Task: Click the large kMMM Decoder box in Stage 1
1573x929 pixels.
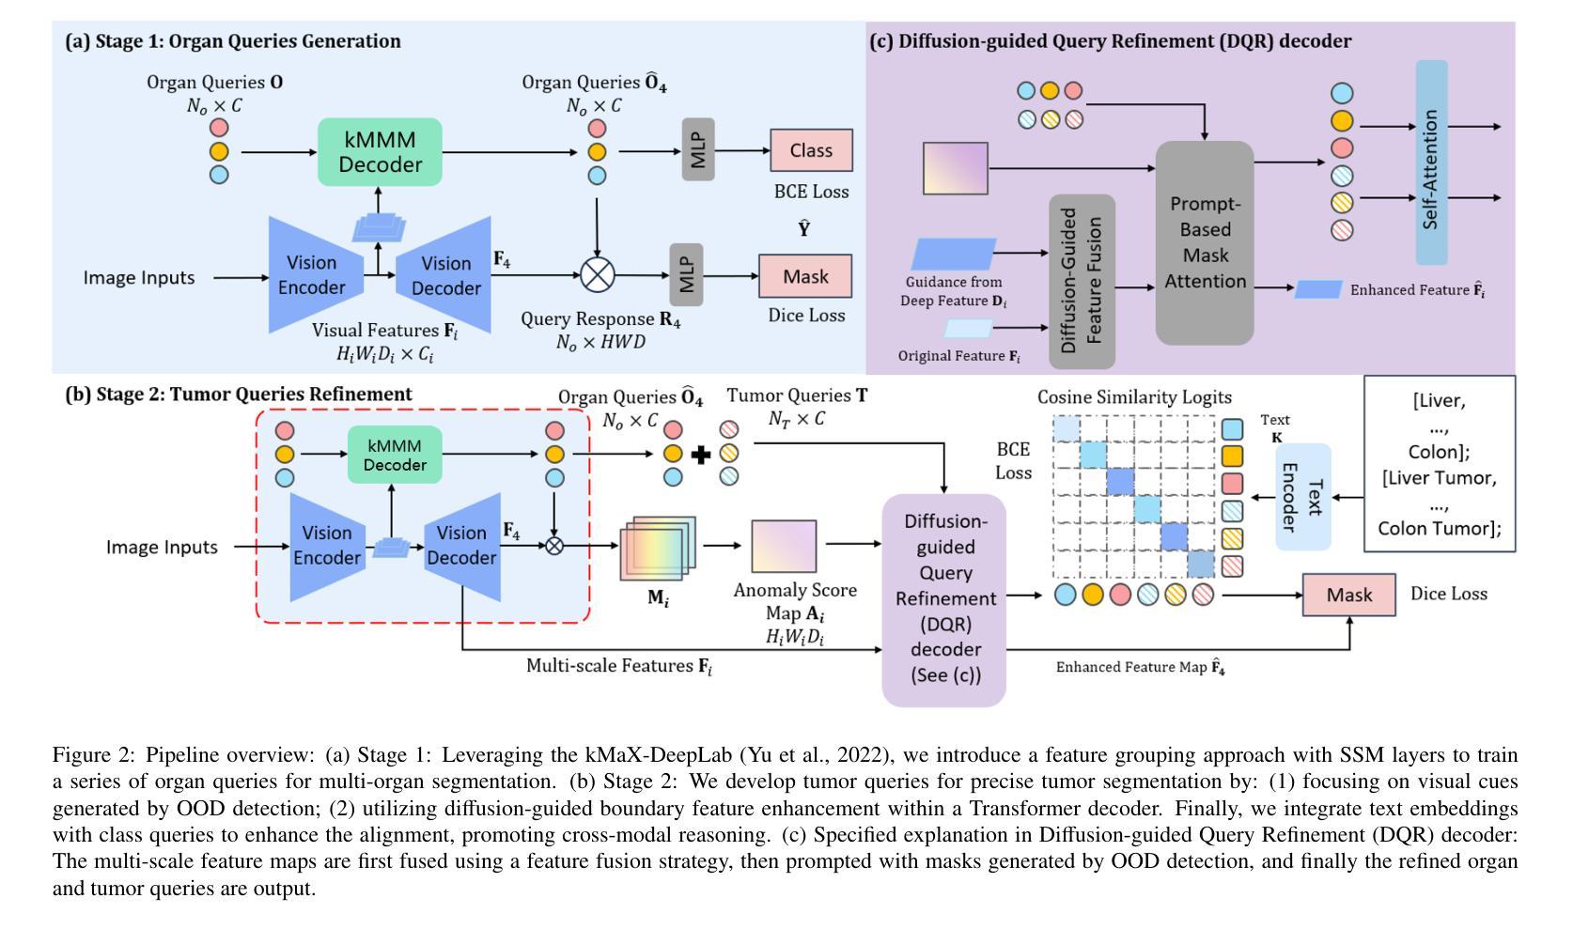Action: click(x=380, y=151)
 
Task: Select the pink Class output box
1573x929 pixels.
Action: click(x=811, y=150)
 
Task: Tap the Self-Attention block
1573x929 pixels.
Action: click(x=1431, y=163)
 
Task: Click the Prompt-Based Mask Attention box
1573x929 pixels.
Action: click(x=1205, y=242)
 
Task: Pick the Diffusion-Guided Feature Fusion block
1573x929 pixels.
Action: click(x=1082, y=282)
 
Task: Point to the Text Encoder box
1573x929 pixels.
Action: click(x=1303, y=497)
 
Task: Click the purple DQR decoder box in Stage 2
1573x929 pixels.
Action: click(x=944, y=599)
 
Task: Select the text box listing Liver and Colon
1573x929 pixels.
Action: click(x=1440, y=464)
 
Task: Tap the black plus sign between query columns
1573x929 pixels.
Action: click(x=701, y=455)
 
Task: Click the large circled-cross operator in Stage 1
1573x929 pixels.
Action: click(x=598, y=274)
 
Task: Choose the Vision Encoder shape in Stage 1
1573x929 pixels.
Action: click(x=316, y=274)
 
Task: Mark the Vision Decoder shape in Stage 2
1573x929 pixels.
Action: click(x=462, y=547)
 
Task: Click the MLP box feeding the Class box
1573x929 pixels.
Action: click(x=698, y=148)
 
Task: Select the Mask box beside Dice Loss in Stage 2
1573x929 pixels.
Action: click(x=1349, y=595)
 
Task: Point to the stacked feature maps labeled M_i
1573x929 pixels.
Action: click(x=658, y=548)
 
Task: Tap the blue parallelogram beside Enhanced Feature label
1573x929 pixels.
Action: click(x=1318, y=289)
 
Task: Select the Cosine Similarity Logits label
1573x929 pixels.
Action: click(x=1134, y=397)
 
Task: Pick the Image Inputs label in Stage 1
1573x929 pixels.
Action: click(x=139, y=277)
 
